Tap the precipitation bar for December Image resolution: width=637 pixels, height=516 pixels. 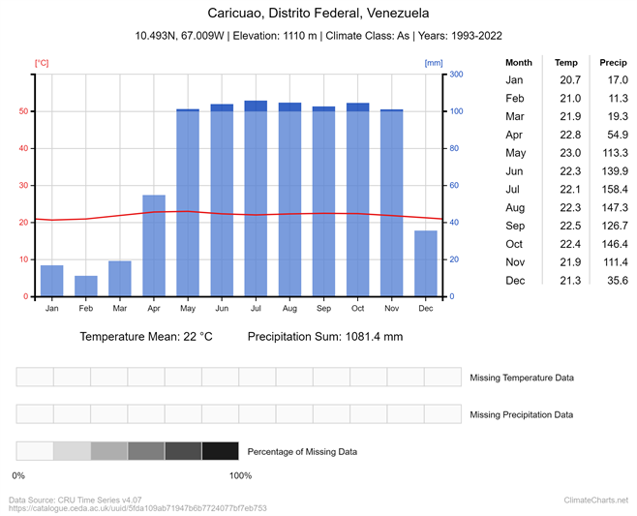click(x=426, y=263)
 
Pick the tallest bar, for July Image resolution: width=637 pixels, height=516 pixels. click(x=256, y=198)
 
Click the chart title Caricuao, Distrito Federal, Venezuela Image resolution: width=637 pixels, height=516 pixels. click(x=318, y=14)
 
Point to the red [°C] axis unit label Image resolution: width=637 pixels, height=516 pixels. click(x=42, y=63)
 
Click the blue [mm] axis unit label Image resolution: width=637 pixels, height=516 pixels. click(x=433, y=63)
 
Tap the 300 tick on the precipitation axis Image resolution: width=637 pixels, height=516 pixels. click(x=456, y=75)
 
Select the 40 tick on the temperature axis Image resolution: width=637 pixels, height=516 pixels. click(x=25, y=149)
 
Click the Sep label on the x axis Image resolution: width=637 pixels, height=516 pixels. click(x=323, y=308)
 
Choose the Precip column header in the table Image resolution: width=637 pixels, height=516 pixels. click(x=613, y=61)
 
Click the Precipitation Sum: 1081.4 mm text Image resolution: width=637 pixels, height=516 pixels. click(x=324, y=337)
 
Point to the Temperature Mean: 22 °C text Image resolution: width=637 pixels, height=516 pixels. click(x=146, y=337)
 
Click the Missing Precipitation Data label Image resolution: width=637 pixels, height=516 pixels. click(x=521, y=414)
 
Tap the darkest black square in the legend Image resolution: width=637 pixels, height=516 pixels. click(x=220, y=450)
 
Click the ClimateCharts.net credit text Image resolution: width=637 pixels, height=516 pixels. click(x=595, y=500)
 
